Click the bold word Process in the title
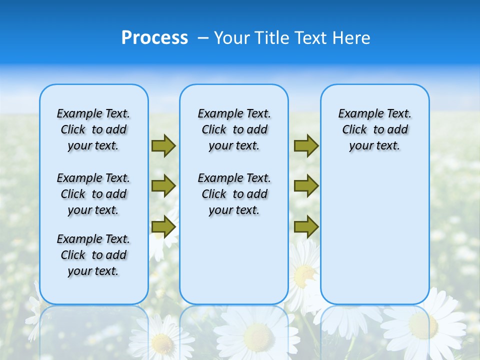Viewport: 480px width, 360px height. (x=154, y=38)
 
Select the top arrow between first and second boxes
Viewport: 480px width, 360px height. (x=163, y=145)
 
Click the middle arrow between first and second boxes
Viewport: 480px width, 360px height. (x=163, y=186)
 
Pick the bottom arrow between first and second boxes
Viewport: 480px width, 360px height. (x=163, y=227)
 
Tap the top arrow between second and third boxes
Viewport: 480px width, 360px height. (x=306, y=145)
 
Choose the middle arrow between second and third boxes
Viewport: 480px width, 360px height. (x=306, y=186)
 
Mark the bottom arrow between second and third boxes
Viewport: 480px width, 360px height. (x=306, y=227)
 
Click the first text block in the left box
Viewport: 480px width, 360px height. (x=93, y=129)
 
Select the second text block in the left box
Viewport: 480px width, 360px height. (x=93, y=194)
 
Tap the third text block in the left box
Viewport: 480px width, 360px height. (x=93, y=255)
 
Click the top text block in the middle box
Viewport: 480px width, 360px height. (x=234, y=129)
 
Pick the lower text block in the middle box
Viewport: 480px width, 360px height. (x=234, y=194)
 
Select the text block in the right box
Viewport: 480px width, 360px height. (x=374, y=129)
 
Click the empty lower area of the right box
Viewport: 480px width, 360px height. (x=374, y=240)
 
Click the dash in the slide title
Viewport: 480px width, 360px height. (x=203, y=38)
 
